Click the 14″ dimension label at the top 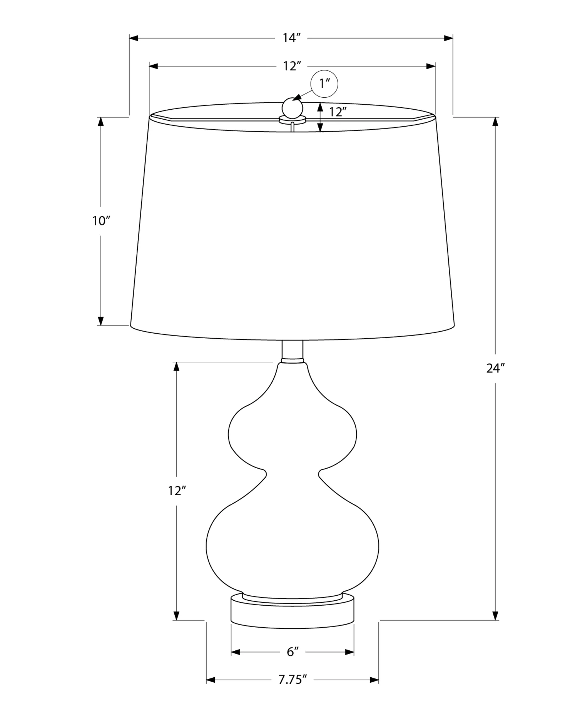292,38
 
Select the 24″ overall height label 495,368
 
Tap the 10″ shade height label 102,221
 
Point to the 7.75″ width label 292,679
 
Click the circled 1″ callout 324,84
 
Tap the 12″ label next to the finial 337,112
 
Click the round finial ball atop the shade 292,108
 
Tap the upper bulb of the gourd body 292,433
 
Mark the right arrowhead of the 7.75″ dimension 374,679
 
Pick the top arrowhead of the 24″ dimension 496,122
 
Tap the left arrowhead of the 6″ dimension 236,652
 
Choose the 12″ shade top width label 292,66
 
